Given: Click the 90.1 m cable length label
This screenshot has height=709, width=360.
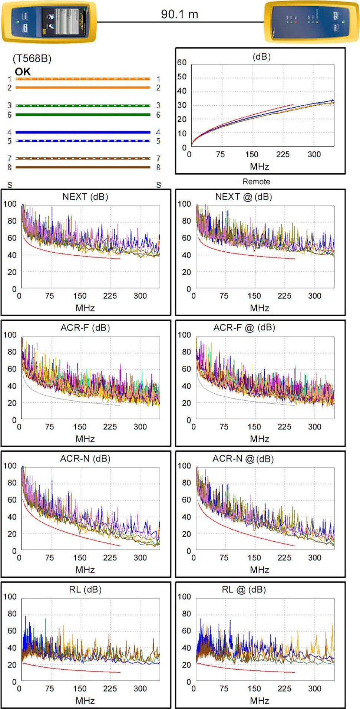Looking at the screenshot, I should [179, 14].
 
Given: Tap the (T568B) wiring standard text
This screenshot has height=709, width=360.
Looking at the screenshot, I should [32, 58].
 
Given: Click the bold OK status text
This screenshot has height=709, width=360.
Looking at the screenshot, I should [23, 72].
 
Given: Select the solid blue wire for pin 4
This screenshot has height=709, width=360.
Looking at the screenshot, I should [83, 132].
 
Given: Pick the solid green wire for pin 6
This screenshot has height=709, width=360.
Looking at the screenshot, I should [83, 115].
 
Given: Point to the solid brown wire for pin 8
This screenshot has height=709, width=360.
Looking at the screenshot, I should [83, 167].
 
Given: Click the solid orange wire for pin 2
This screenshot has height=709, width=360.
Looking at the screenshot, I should [83, 88].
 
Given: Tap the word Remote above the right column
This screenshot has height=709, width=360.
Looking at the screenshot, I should [256, 181].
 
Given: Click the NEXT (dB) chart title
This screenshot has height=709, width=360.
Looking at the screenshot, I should [85, 197].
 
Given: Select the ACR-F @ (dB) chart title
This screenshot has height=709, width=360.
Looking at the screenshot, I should [244, 328].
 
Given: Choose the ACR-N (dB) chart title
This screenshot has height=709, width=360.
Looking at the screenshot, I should [85, 459].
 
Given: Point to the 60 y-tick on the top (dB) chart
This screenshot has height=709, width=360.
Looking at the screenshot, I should [182, 62].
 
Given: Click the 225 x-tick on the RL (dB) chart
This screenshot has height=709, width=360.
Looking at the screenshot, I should [110, 689].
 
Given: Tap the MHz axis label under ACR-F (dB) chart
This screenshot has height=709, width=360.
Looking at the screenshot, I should [85, 439].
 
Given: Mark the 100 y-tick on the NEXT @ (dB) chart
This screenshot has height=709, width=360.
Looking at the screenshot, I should [184, 204].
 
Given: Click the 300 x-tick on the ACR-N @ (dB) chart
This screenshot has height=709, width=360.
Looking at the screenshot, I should [314, 558].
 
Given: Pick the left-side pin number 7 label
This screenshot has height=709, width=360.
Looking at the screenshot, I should [10, 158].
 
